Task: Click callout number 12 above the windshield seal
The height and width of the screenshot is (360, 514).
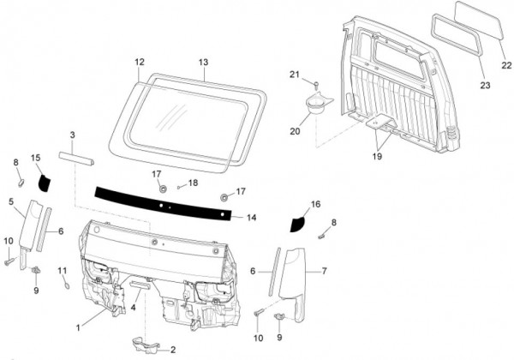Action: click(140, 62)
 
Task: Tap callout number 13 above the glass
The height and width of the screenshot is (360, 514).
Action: click(203, 62)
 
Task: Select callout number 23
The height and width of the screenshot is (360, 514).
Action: click(484, 86)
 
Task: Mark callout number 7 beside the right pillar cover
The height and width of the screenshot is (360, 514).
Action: click(326, 271)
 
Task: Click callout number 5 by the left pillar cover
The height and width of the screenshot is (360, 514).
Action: click(11, 202)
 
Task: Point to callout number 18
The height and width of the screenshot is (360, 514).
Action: click(193, 183)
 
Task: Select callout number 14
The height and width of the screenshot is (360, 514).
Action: click(251, 218)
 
